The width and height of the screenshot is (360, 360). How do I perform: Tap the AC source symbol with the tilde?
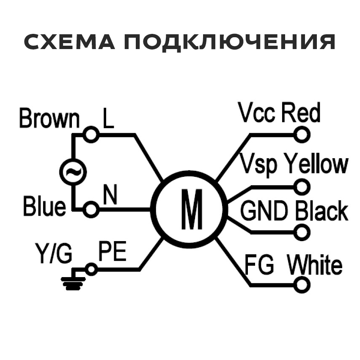click(72, 172)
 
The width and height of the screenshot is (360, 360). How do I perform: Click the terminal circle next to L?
click(91, 135)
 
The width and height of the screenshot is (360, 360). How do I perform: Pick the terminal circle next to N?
click(91, 209)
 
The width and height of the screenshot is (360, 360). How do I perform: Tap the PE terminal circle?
click(91, 269)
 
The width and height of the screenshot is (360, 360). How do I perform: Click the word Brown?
click(49, 119)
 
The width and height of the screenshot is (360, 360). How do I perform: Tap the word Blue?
click(44, 207)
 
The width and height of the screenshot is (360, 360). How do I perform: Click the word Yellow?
click(316, 164)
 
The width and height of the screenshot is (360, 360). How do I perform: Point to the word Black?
click(321, 211)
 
